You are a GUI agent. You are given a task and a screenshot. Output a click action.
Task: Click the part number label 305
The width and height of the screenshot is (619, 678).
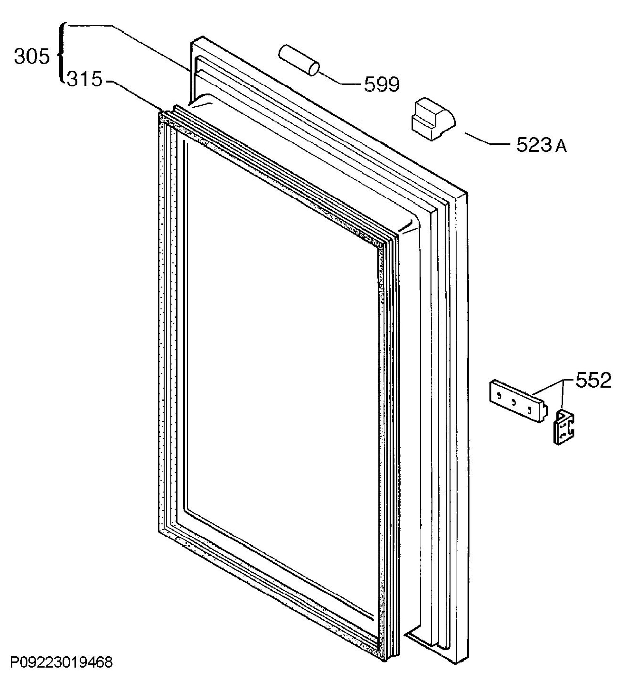coord(32,56)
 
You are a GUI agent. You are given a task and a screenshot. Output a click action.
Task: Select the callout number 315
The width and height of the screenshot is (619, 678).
coord(84,80)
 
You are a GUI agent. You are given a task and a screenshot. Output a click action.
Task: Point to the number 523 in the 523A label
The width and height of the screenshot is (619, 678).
coord(534,145)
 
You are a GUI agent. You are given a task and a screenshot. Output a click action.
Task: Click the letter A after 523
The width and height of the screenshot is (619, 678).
coord(561,147)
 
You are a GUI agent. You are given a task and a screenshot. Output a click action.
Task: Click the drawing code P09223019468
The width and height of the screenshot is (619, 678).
coord(62,662)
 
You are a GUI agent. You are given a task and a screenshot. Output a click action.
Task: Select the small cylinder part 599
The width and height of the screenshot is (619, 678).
coord(299,60)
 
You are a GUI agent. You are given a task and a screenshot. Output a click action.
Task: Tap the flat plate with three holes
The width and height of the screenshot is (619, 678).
coord(518,401)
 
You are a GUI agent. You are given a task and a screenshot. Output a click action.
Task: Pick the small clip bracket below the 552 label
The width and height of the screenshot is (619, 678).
coord(564,427)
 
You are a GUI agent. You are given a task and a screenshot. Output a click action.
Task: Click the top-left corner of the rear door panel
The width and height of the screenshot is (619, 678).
coord(191,42)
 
